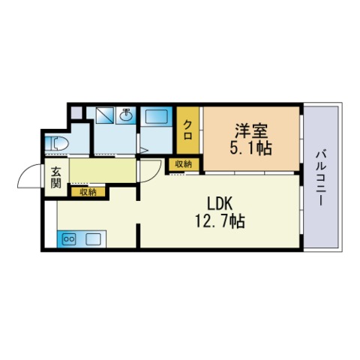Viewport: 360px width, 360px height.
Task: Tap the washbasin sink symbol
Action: click(127, 116)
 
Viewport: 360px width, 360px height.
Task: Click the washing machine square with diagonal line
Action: click(103, 116)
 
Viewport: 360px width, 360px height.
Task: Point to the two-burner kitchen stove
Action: click(70, 239)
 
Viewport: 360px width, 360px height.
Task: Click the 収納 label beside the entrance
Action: click(88, 192)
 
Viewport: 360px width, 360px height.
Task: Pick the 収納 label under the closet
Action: click(183, 163)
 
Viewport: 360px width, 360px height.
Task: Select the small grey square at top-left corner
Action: click(76, 113)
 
